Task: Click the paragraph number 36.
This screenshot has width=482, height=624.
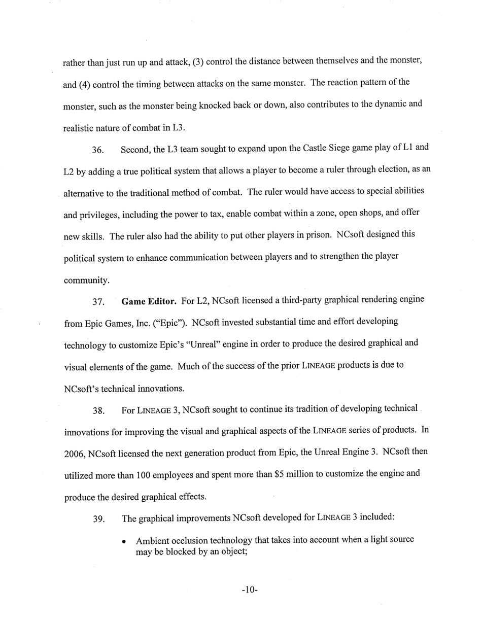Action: tap(98, 150)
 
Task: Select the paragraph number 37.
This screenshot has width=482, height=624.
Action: tap(98, 302)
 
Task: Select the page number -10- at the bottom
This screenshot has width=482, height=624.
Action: tap(250, 590)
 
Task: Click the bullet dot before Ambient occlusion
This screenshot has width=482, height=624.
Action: tap(124, 541)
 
